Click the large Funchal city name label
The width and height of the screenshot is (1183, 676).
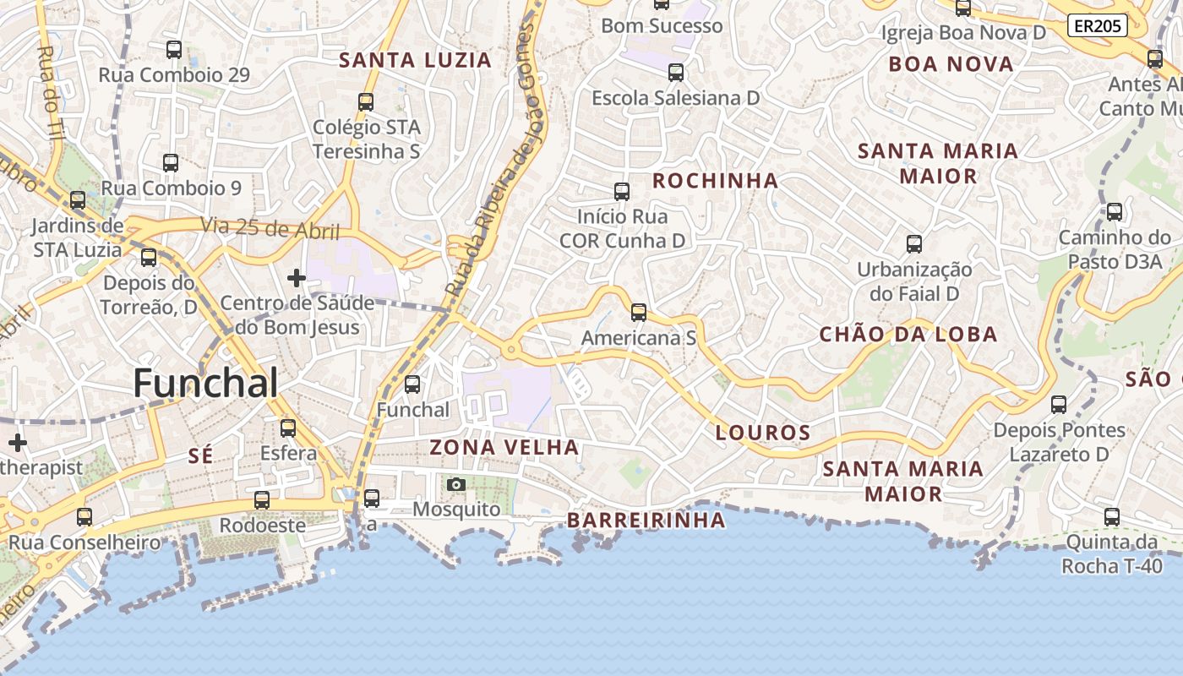click(x=205, y=384)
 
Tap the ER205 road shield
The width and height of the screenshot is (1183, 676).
click(x=1097, y=26)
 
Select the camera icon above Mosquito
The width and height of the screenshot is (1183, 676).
click(x=456, y=484)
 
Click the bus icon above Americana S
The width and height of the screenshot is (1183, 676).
click(x=639, y=313)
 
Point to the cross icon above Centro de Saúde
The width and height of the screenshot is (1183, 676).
click(x=297, y=277)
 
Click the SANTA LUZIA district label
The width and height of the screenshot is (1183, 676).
click(x=415, y=60)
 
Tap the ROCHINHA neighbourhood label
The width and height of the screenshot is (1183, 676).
click(x=716, y=180)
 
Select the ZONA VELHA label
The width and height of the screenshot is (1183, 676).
click(x=504, y=447)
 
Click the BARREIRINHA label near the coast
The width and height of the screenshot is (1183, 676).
click(x=646, y=520)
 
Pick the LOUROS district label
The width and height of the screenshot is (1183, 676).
click(x=763, y=433)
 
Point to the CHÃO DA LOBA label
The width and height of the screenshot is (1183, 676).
click(x=908, y=335)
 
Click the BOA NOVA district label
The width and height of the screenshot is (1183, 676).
click(x=951, y=64)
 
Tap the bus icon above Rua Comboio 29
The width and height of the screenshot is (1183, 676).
click(x=174, y=50)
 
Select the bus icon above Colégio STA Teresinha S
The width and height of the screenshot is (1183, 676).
click(x=366, y=102)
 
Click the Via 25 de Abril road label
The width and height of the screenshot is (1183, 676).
click(x=270, y=228)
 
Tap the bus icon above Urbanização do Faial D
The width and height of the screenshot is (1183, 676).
click(x=914, y=244)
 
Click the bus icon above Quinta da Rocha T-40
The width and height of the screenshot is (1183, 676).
click(x=1112, y=517)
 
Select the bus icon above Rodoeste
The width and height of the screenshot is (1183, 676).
click(x=262, y=500)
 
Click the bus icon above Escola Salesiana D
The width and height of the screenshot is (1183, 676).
click(x=675, y=73)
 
